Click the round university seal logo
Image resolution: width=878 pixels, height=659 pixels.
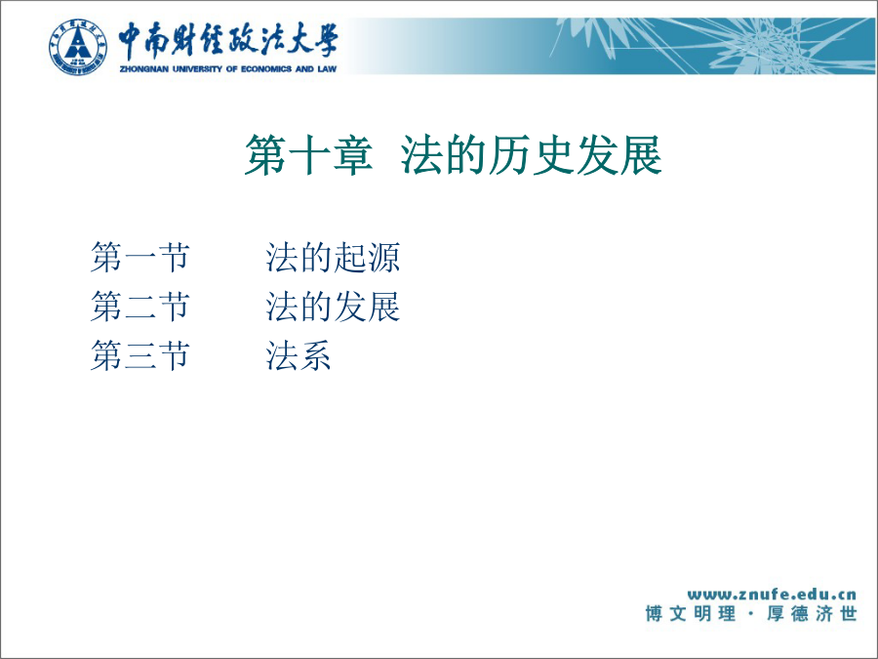[77, 47]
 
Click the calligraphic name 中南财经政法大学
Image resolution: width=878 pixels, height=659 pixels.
[228, 40]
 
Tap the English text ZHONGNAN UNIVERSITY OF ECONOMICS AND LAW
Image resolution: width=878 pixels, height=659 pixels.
[228, 69]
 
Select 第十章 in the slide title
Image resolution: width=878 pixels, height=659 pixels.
[308, 155]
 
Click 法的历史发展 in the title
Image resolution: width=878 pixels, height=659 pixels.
[532, 155]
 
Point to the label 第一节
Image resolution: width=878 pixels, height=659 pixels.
[140, 258]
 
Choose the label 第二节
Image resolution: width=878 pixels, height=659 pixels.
[140, 307]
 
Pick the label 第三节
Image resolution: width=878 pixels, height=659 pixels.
[140, 355]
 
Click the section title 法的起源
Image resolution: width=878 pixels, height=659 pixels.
[333, 258]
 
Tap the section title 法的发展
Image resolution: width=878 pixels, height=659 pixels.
[333, 307]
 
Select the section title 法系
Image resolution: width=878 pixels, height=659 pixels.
[299, 355]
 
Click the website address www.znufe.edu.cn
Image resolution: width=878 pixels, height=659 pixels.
[772, 594]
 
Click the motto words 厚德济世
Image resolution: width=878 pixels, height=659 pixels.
[812, 614]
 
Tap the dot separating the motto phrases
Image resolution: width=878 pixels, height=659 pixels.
[751, 614]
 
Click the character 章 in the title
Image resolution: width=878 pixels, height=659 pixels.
[352, 155]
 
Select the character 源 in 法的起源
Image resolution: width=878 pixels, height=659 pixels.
[383, 258]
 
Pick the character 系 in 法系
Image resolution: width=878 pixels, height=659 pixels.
[315, 355]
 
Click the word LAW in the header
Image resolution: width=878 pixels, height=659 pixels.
[327, 69]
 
